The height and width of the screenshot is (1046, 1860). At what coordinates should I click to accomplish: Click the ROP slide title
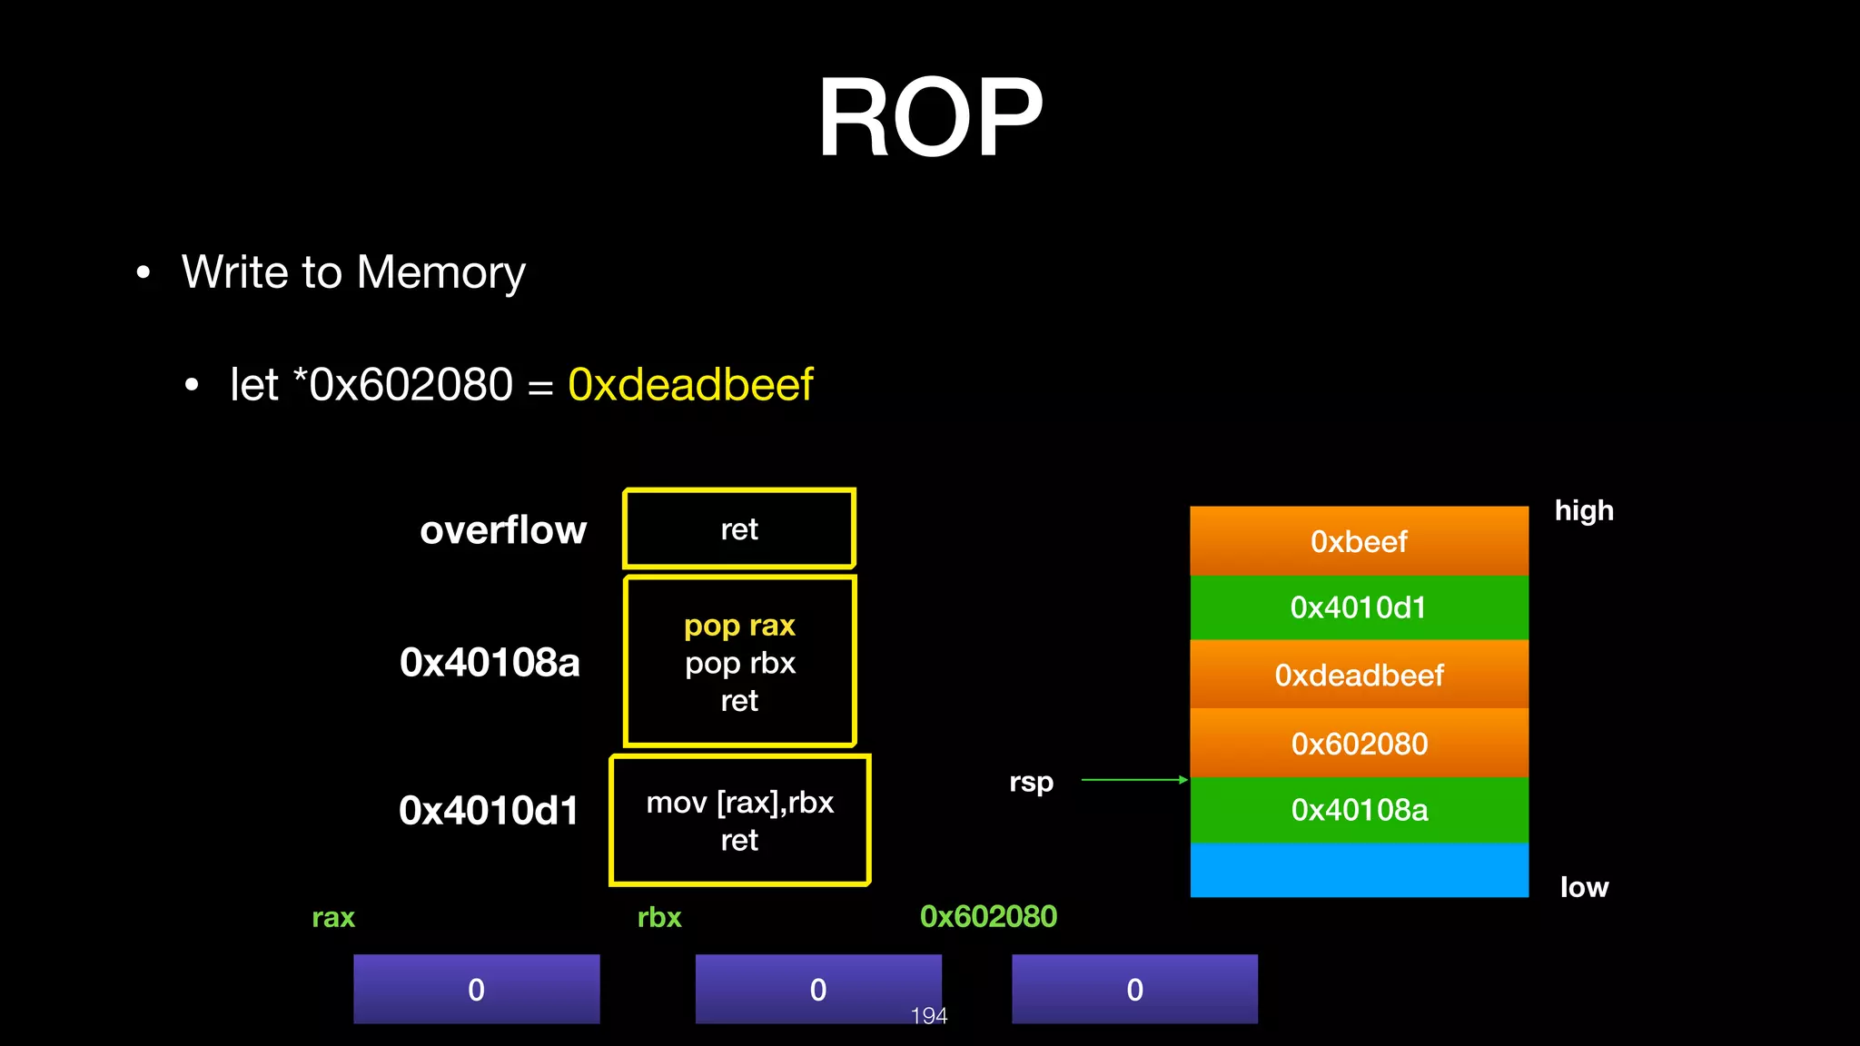[930, 118]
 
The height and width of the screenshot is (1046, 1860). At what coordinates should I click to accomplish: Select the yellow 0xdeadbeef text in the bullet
[690, 384]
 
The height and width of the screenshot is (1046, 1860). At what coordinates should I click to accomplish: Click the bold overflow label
[503, 529]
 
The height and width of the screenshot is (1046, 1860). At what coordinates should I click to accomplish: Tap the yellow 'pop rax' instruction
[739, 626]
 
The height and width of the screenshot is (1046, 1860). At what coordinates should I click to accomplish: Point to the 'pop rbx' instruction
[739, 664]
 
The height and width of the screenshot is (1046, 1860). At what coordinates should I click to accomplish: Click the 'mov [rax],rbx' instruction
[739, 803]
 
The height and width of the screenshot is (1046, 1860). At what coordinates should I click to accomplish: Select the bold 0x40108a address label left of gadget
[490, 662]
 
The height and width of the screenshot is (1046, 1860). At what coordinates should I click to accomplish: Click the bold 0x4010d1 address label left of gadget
[489, 810]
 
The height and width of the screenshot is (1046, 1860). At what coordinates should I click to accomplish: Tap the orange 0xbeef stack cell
[1359, 541]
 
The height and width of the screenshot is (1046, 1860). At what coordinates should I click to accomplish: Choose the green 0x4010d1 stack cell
[1359, 607]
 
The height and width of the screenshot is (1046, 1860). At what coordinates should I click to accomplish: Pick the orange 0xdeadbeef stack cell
[1359, 675]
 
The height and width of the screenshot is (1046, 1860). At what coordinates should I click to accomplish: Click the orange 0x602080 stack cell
[1359, 744]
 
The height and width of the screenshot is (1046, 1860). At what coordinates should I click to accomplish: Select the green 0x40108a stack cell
[1359, 810]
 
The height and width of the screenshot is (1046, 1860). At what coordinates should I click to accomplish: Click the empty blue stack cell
[1359, 870]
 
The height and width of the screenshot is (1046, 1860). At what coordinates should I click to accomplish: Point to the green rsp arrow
[1133, 780]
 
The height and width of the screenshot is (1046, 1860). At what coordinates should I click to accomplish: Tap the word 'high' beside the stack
[1584, 510]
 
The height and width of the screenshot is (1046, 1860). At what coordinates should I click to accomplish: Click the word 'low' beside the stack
[1584, 887]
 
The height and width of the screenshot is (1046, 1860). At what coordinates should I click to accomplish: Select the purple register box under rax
[476, 989]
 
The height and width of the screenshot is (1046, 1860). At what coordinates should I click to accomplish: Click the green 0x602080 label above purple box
[988, 916]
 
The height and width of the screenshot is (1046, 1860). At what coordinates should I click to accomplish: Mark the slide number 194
[929, 1016]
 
